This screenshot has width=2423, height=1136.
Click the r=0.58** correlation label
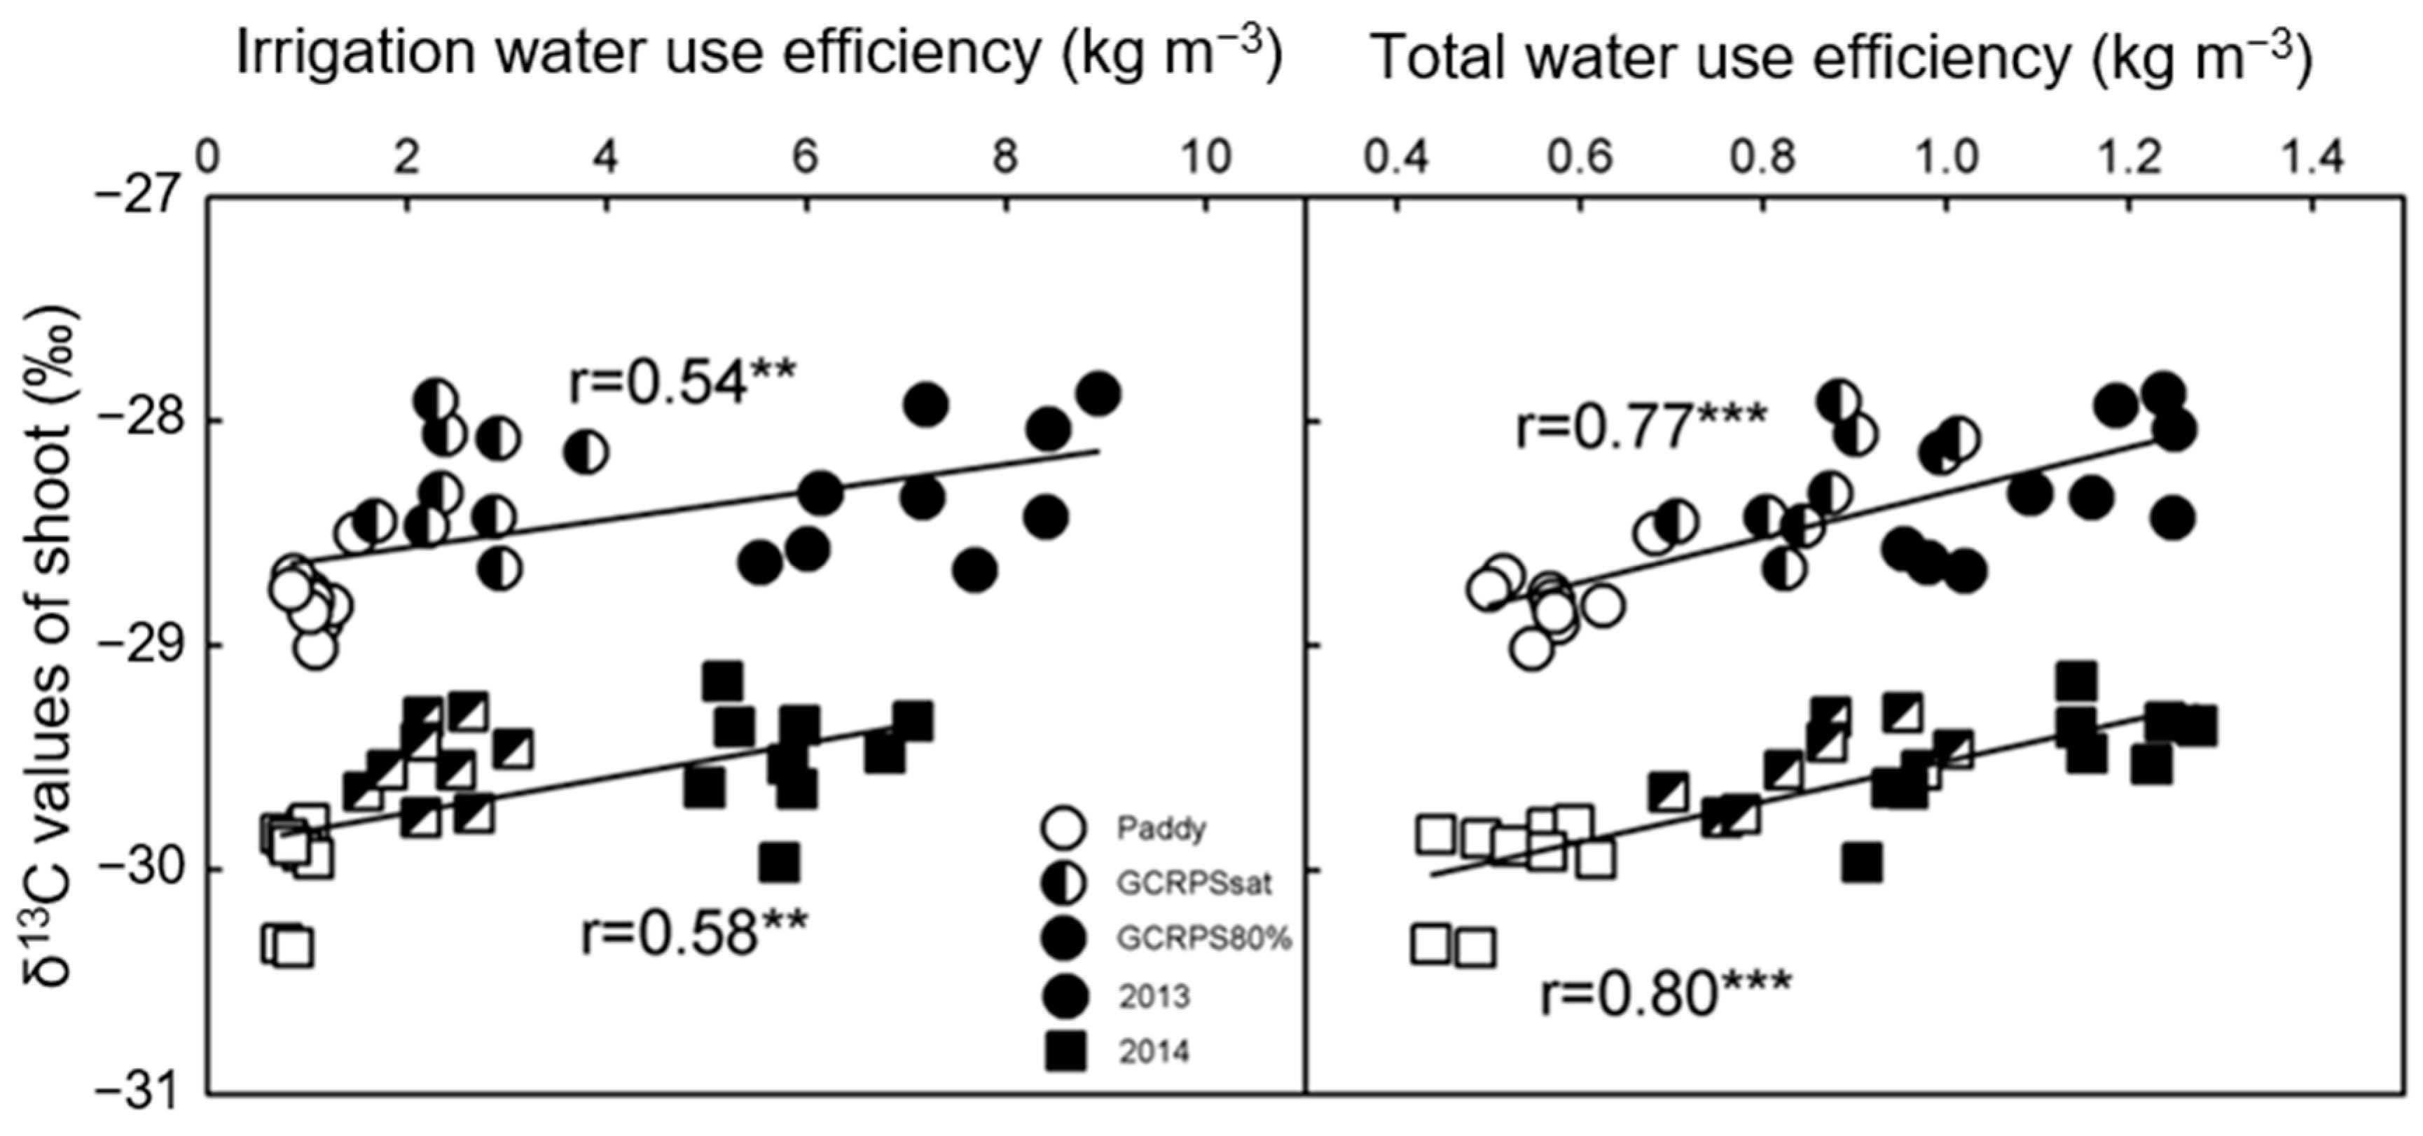[x=694, y=933]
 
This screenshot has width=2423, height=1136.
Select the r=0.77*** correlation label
[x=1641, y=425]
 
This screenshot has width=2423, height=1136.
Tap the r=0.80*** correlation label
[x=1666, y=994]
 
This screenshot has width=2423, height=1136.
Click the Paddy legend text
[x=1161, y=829]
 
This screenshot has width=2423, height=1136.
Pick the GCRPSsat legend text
[x=1194, y=883]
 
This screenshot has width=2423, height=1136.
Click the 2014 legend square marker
[x=1065, y=1051]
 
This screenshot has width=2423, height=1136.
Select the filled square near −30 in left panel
[x=780, y=861]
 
